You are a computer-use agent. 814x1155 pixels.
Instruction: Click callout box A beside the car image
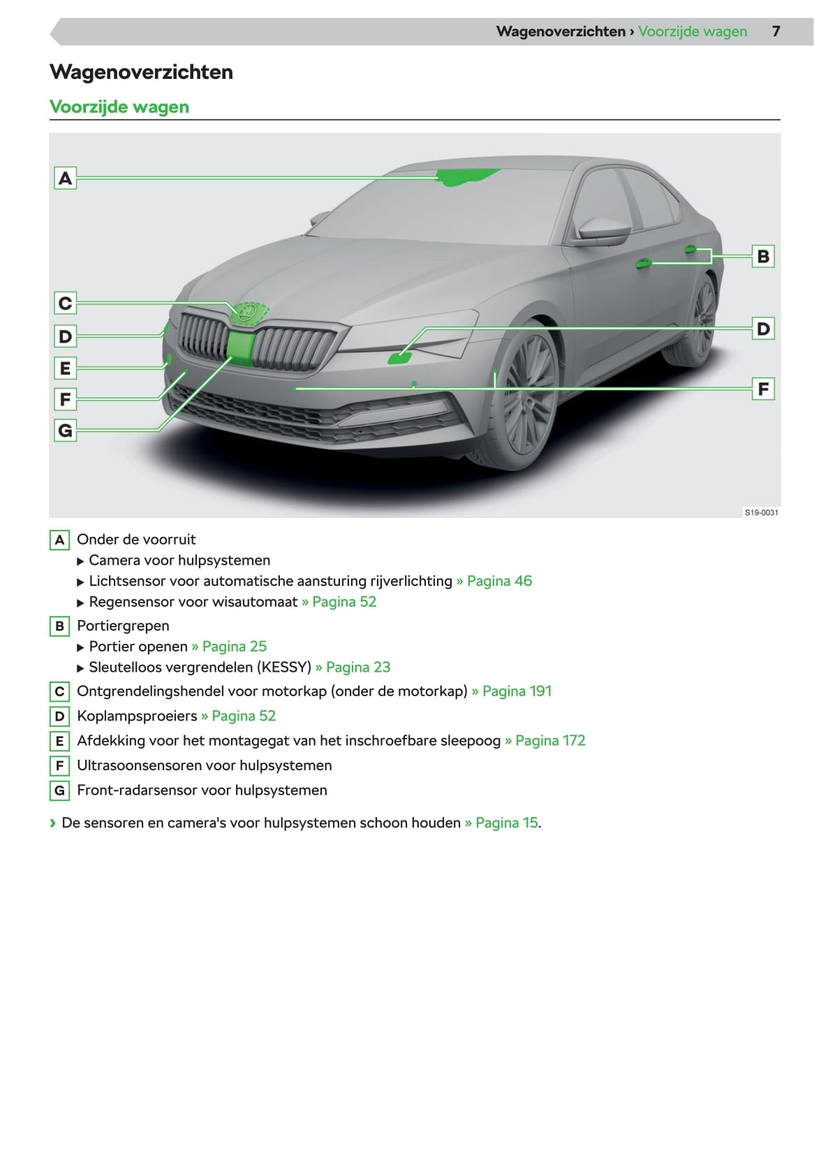[65, 178]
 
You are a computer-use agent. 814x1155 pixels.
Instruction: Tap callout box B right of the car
[763, 256]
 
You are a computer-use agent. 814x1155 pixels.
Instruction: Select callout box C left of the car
[65, 303]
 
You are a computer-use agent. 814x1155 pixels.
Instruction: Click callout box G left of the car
[65, 430]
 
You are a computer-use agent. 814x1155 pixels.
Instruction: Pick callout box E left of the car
[65, 368]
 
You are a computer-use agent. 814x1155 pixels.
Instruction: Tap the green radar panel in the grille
[241, 347]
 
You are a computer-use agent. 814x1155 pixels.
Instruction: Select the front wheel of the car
[527, 395]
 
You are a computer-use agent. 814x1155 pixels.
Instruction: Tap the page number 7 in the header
[776, 31]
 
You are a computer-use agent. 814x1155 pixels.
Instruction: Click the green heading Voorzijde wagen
[119, 107]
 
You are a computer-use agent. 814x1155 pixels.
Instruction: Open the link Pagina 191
[517, 691]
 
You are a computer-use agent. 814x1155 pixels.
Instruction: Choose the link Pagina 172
[550, 741]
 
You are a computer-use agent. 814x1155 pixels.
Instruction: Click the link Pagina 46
[499, 581]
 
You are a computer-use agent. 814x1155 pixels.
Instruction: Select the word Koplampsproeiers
[137, 716]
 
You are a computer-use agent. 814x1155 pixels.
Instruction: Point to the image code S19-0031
[761, 513]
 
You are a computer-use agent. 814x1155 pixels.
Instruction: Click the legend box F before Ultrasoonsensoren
[59, 766]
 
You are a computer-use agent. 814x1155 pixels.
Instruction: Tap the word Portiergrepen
[123, 626]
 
